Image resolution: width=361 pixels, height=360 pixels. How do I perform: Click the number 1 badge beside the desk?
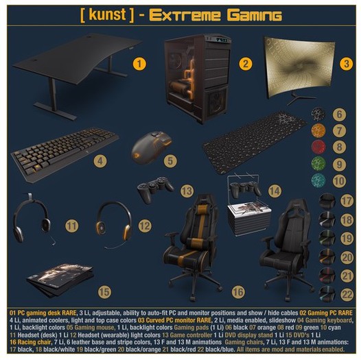click(139, 64)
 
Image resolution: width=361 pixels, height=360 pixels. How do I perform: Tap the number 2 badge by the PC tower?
click(244, 64)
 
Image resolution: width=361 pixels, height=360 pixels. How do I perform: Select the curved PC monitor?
click(299, 69)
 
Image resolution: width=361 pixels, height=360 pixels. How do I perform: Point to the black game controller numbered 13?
click(155, 189)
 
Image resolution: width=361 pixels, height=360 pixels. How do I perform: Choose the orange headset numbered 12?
click(113, 221)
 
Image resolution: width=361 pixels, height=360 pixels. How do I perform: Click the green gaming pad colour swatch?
click(318, 164)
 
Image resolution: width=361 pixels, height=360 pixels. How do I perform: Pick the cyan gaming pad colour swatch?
click(318, 180)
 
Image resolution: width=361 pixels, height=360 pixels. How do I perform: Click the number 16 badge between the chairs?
click(237, 291)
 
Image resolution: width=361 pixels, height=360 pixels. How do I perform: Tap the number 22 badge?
click(347, 294)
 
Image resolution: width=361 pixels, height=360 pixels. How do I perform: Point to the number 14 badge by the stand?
click(275, 190)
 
